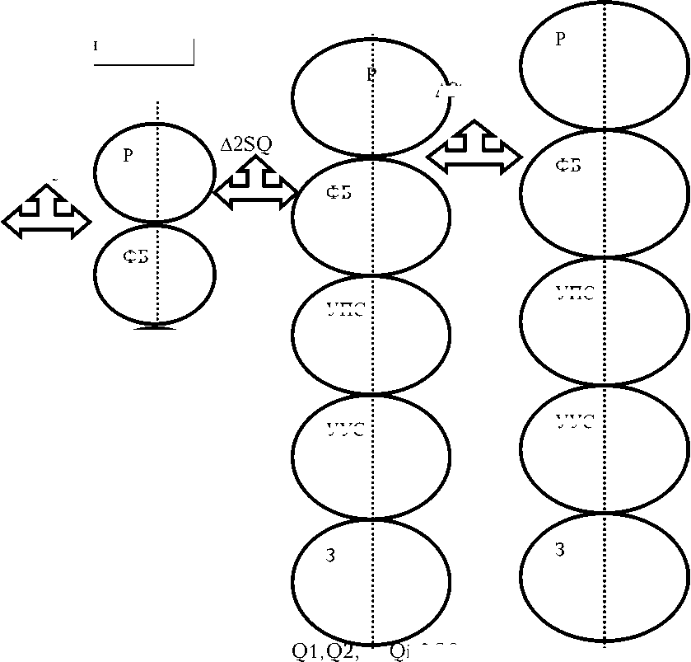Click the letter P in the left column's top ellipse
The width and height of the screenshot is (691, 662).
tap(128, 157)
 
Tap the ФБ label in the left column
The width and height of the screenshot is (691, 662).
tap(136, 257)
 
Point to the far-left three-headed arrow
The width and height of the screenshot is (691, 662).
tap(47, 213)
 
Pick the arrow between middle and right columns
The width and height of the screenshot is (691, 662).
tap(474, 149)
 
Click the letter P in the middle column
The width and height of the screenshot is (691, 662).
tap(371, 75)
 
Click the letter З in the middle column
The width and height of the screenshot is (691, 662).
tap(330, 556)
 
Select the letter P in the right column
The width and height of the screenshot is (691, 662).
tap(560, 40)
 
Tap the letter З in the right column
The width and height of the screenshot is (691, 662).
tap(559, 550)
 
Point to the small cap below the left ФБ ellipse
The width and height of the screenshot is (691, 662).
tap(156, 327)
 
